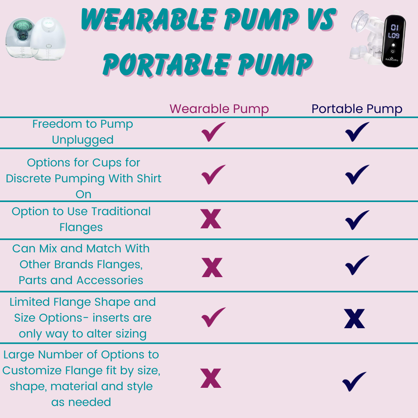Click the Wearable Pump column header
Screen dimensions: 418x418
tap(219, 109)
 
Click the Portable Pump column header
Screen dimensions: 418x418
tap(357, 109)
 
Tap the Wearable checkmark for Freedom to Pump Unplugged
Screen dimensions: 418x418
tap(213, 132)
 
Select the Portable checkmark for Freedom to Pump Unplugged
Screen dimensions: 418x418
tap(357, 132)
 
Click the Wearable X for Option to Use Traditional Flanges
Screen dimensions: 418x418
tap(211, 219)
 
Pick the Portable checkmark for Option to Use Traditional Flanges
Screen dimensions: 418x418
tap(357, 220)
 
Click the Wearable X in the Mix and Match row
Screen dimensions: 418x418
tap(212, 267)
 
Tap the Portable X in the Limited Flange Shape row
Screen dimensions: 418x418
tap(355, 319)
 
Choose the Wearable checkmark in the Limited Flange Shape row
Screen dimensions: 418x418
tap(213, 317)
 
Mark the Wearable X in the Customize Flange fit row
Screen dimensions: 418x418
tap(211, 378)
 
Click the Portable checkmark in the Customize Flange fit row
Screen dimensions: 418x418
tap(354, 381)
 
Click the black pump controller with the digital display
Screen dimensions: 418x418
tap(395, 41)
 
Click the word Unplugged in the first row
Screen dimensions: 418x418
tap(83, 140)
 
